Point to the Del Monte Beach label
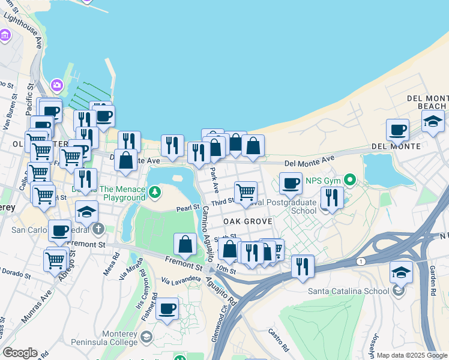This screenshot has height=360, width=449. tap(427, 102)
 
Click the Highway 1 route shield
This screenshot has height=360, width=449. tap(361, 261)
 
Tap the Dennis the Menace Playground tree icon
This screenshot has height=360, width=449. tap(155, 192)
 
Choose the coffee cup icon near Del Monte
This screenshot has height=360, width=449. tap(397, 130)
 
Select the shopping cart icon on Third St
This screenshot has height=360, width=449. tap(246, 192)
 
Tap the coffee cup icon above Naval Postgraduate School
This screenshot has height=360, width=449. tap(291, 182)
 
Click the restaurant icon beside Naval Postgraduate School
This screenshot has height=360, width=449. tap(330, 197)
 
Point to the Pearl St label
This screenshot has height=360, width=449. tap(187, 208)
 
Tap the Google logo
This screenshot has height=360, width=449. tap(20, 353)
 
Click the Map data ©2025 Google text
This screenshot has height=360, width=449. tap(412, 355)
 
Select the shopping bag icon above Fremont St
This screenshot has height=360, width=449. tap(185, 244)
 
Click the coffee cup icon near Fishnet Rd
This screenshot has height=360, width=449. tap(167, 308)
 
